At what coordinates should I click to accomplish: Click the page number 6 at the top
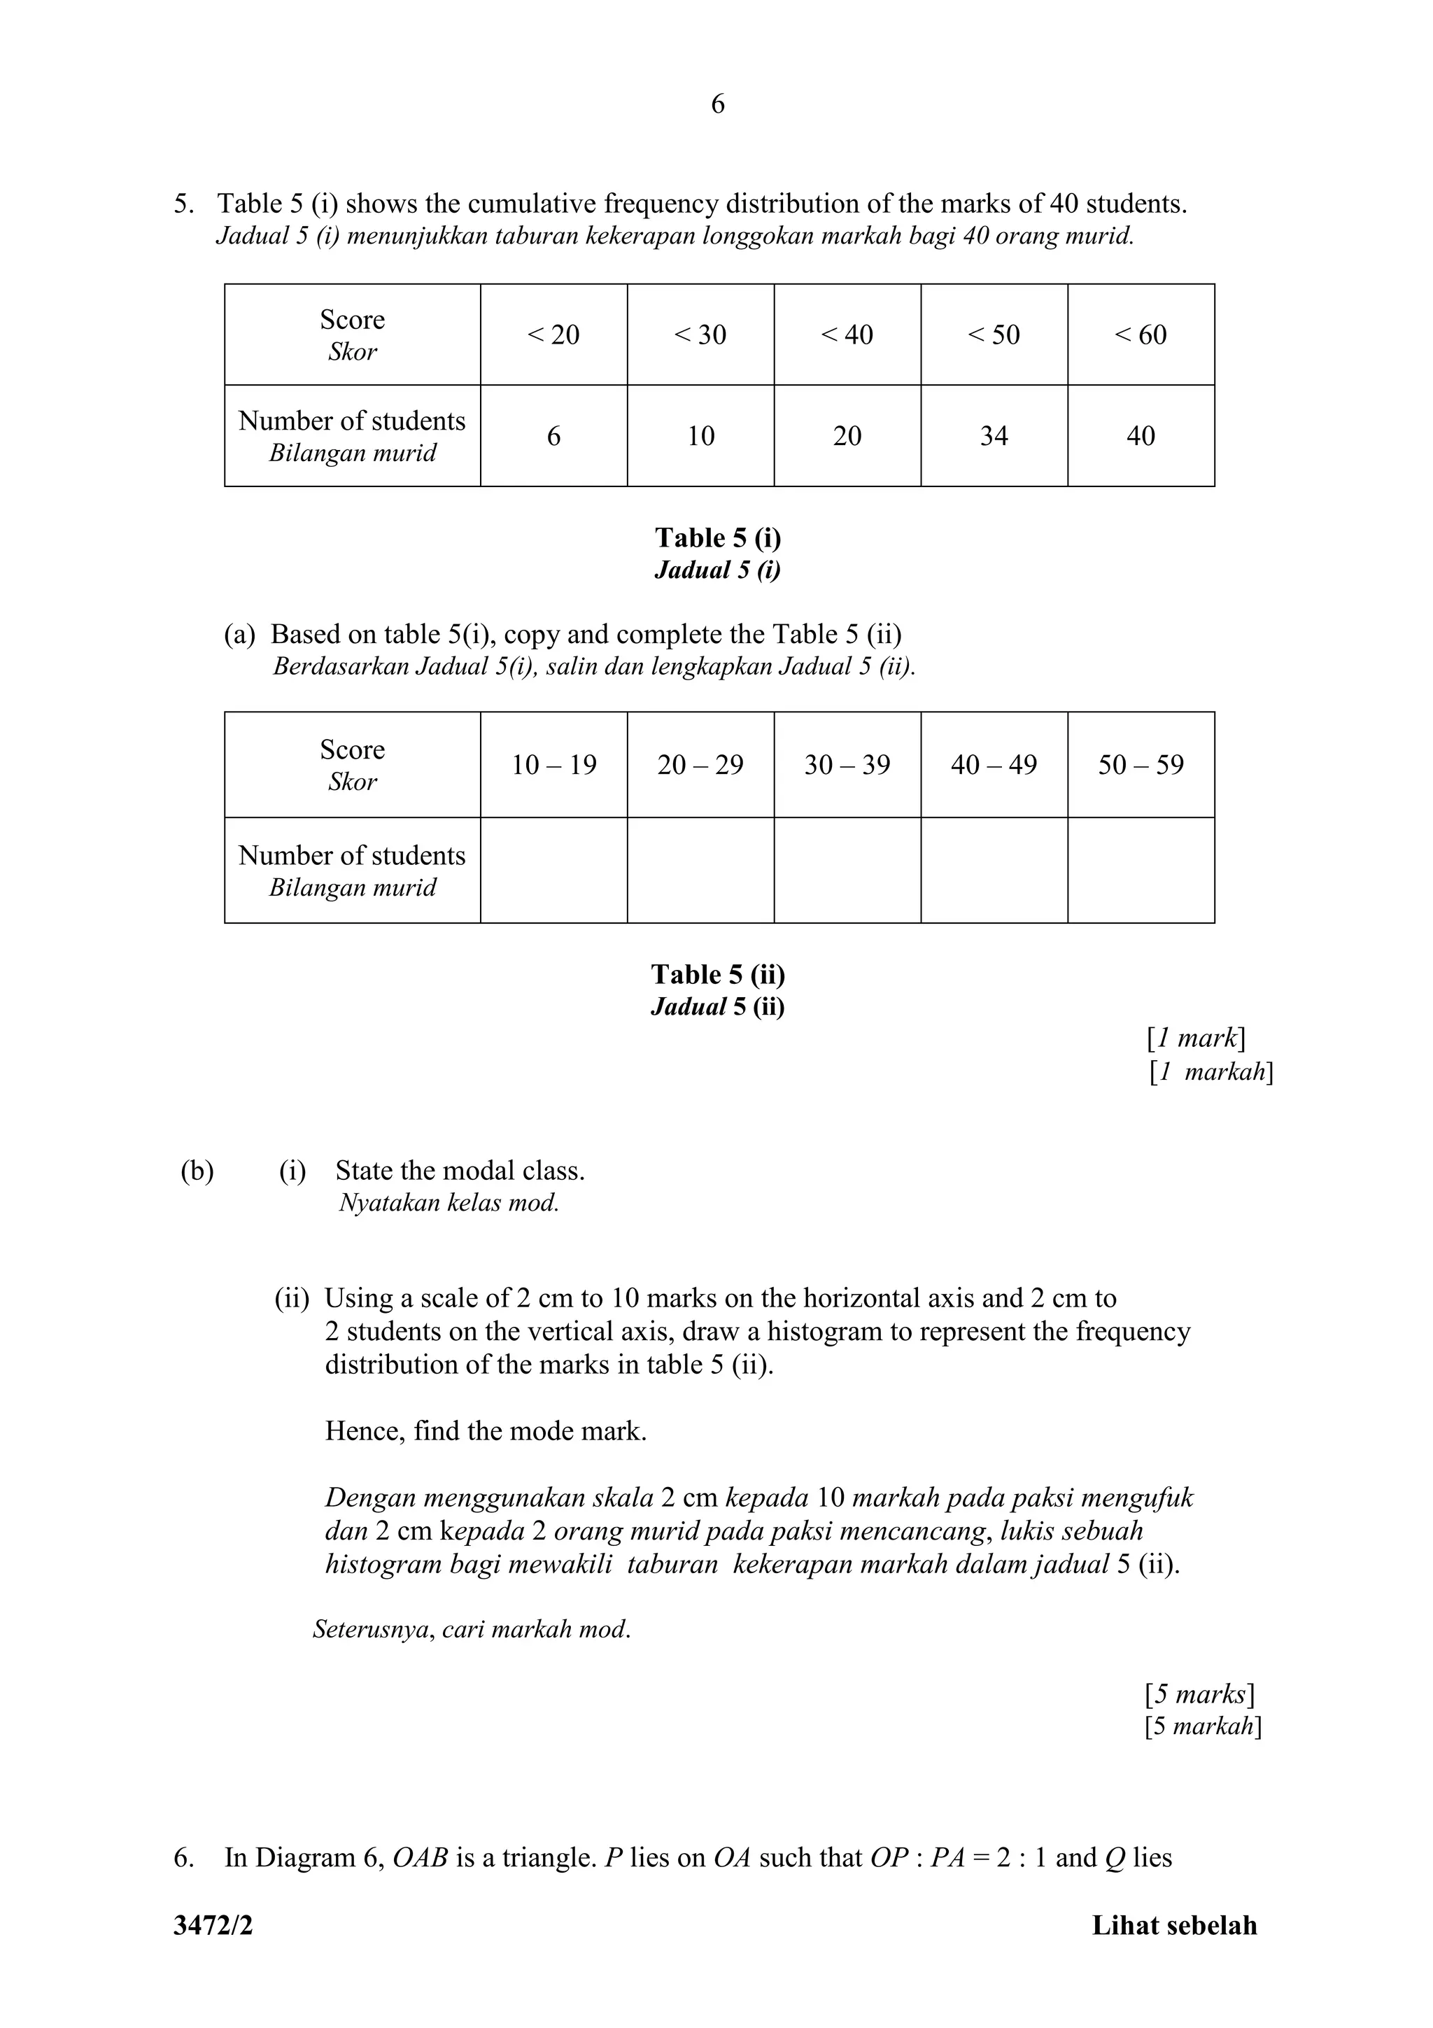point(717,104)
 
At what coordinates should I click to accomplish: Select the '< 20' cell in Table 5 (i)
point(553,335)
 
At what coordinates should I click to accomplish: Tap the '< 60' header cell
point(1140,335)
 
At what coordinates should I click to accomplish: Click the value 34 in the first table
point(994,435)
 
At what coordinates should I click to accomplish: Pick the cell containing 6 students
point(553,435)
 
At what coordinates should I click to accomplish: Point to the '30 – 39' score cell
point(847,765)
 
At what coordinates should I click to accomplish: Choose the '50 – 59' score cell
point(1140,765)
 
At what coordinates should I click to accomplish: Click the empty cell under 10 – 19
point(553,870)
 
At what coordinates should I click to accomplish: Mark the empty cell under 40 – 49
point(994,870)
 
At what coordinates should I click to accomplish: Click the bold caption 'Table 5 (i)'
point(717,538)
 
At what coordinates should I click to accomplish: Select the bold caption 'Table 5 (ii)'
point(717,974)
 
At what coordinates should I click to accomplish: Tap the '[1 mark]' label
point(1196,1038)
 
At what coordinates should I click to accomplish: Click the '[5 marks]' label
point(1199,1694)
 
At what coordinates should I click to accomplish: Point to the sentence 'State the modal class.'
point(460,1171)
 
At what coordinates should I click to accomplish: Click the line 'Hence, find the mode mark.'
point(486,1431)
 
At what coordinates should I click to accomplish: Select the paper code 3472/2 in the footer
point(213,1926)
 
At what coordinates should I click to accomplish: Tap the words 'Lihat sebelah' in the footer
point(1173,1926)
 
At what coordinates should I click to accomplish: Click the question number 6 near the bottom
point(183,1857)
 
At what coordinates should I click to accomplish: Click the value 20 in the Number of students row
point(847,435)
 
